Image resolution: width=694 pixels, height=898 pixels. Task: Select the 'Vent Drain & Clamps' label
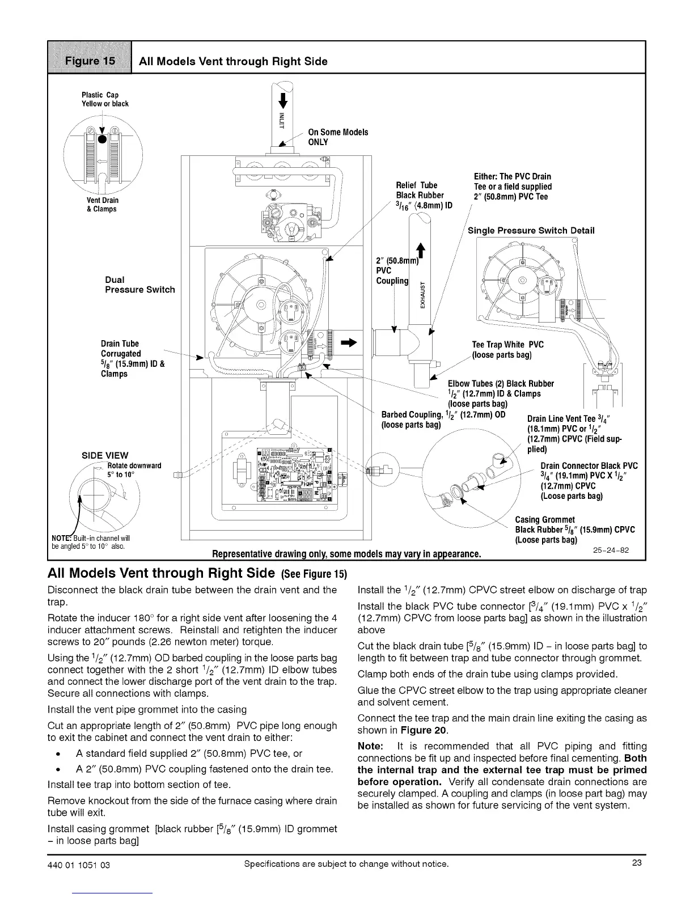tap(102, 205)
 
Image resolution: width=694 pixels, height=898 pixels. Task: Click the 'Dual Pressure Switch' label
tap(139, 285)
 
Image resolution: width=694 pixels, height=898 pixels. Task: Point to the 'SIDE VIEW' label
tap(105, 455)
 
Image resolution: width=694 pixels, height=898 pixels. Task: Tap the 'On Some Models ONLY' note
tap(337, 137)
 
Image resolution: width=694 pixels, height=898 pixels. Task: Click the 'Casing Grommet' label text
tap(544, 520)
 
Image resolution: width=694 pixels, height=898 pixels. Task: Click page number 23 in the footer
tap(636, 863)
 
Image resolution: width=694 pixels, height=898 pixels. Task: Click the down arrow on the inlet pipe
tap(285, 100)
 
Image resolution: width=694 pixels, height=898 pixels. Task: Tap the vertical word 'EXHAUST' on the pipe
tap(421, 296)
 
